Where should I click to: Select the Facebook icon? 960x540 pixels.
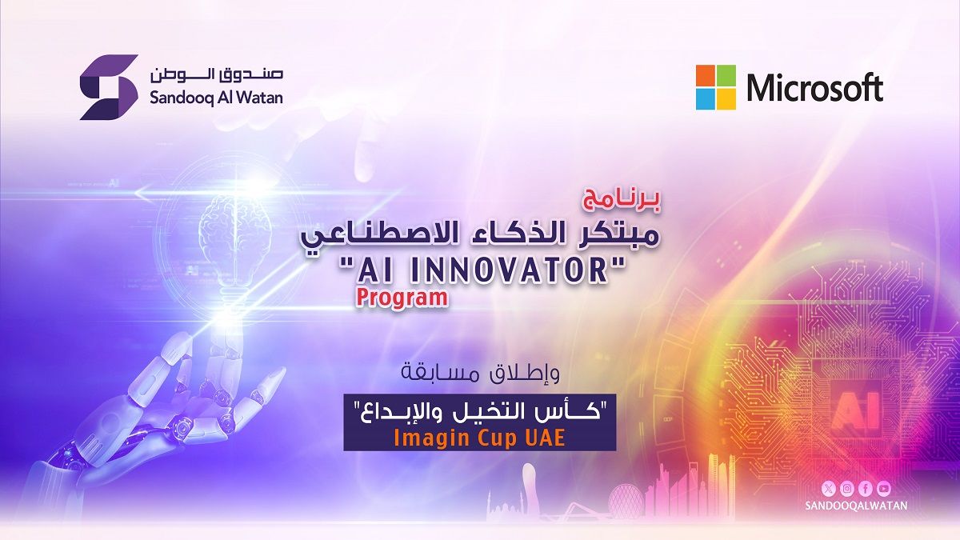point(866,489)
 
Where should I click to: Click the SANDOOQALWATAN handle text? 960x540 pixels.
point(856,506)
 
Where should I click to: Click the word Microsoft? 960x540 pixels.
point(814,87)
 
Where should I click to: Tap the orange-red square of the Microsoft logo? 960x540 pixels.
point(705,75)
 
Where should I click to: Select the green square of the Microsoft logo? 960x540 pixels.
point(726,75)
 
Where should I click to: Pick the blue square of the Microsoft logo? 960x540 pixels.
point(705,98)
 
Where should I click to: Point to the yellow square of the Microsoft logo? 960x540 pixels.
point(726,98)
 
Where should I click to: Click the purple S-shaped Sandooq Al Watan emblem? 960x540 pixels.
point(109,87)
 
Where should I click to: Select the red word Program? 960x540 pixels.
point(402,298)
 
